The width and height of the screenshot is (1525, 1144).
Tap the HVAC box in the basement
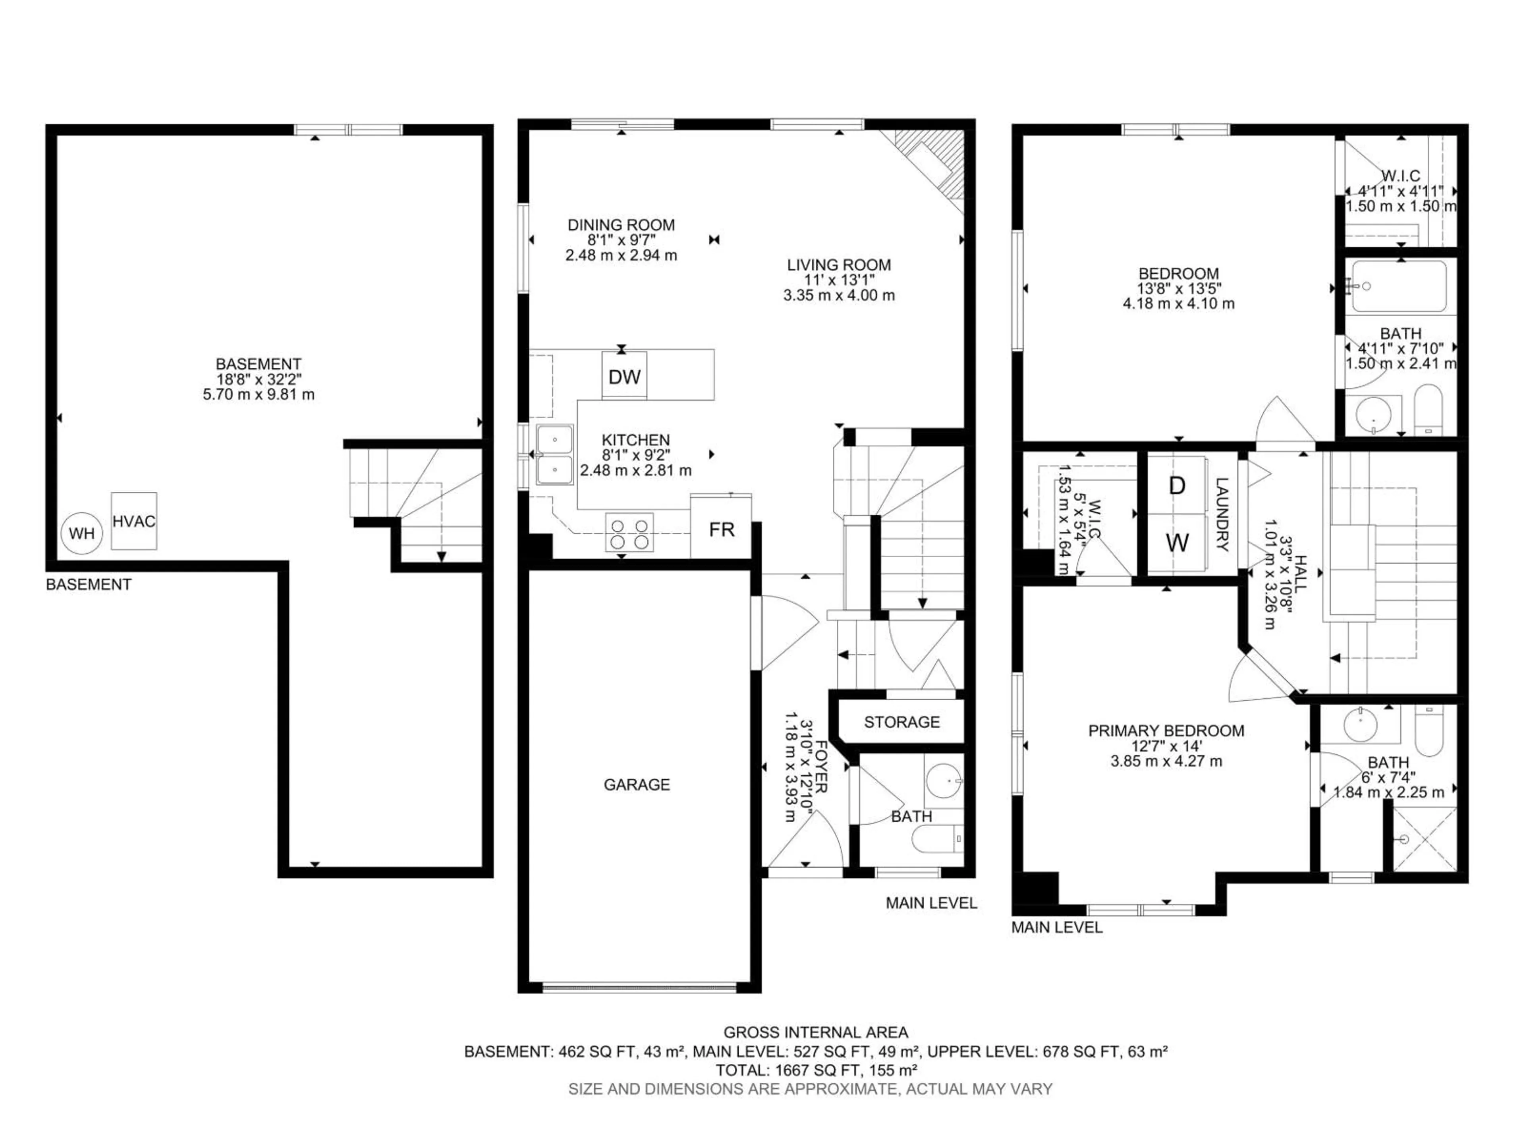[x=134, y=521]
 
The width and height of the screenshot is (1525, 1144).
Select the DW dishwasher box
[x=624, y=377]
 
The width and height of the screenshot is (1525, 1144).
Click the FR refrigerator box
[x=721, y=529]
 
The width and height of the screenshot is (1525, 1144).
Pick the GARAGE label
[x=636, y=784]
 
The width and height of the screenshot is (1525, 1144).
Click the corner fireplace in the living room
[x=931, y=166]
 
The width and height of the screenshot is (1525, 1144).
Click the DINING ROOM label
[x=620, y=225]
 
